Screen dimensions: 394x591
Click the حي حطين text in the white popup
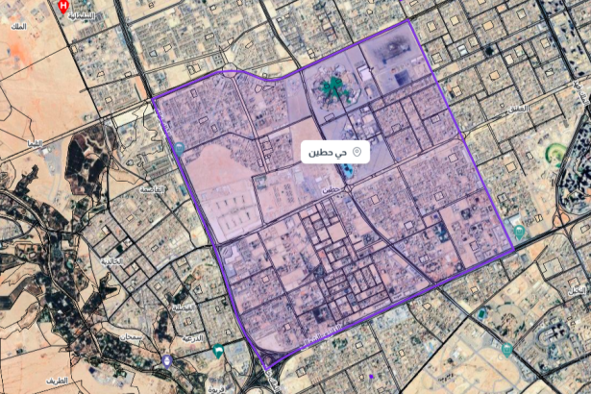pyautogui.click(x=326, y=153)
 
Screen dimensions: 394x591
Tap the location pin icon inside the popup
pyautogui.click(x=357, y=152)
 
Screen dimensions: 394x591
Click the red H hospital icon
pyautogui.click(x=64, y=6)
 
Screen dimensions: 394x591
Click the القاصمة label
pyautogui.click(x=152, y=189)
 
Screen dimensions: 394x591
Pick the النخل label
pyautogui.click(x=577, y=289)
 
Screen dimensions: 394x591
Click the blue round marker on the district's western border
pyautogui.click(x=180, y=148)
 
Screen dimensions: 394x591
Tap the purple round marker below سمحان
pyautogui.click(x=168, y=360)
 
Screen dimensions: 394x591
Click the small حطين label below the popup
pyautogui.click(x=330, y=189)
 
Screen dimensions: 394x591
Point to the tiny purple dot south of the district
pyautogui.click(x=370, y=376)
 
